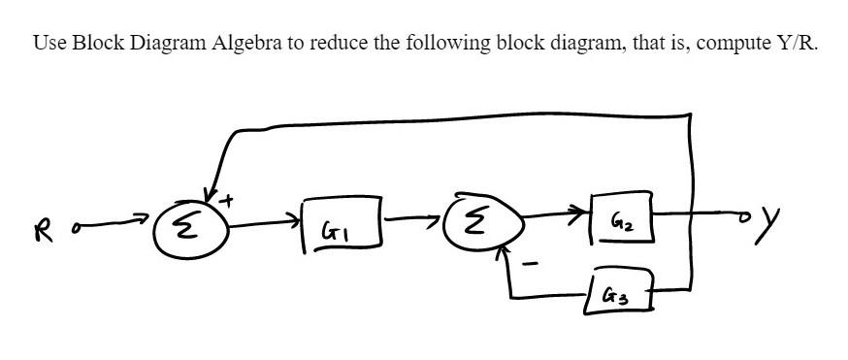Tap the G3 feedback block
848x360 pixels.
tap(613, 291)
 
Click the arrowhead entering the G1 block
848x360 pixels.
tap(296, 226)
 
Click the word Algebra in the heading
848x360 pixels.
tap(244, 44)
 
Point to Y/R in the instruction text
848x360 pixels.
tap(784, 44)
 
